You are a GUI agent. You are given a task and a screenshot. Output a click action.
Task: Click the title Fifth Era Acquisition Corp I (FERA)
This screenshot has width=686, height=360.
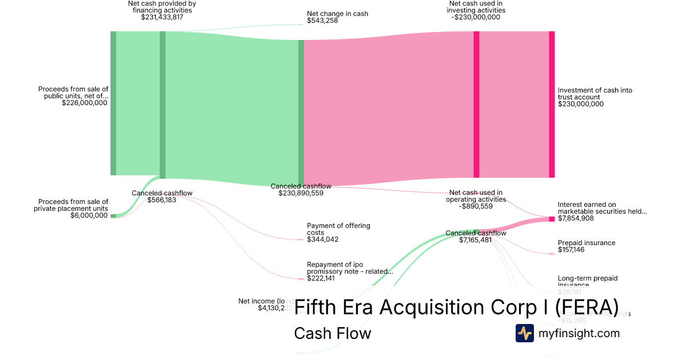pyautogui.click(x=456, y=307)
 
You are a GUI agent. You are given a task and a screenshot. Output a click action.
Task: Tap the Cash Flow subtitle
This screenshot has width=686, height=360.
pyautogui.click(x=332, y=333)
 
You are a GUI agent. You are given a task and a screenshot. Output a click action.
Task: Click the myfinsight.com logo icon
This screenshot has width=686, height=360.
pyautogui.click(x=524, y=333)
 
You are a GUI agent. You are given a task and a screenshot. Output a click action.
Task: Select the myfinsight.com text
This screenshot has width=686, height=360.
pyautogui.click(x=579, y=333)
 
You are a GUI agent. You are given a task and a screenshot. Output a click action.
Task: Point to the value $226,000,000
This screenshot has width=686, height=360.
pyautogui.click(x=84, y=103)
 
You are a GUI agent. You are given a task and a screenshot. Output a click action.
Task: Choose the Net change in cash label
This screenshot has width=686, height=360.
pyautogui.click(x=337, y=14)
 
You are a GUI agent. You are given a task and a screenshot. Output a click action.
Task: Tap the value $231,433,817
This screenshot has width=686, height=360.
pyautogui.click(x=162, y=18)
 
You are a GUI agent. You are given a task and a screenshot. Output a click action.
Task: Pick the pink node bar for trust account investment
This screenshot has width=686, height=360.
pyautogui.click(x=552, y=104)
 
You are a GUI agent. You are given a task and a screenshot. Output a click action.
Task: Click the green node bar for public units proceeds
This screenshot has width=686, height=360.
pyautogui.click(x=113, y=103)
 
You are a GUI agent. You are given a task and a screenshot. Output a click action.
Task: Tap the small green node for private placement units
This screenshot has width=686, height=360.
pyautogui.click(x=113, y=216)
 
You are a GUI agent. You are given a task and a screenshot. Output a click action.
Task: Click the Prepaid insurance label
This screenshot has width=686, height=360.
pyautogui.click(x=587, y=243)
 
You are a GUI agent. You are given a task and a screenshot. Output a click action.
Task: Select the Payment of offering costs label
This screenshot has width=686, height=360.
pyautogui.click(x=338, y=229)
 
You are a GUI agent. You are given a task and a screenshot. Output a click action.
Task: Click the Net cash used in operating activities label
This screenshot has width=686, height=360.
pyautogui.click(x=476, y=196)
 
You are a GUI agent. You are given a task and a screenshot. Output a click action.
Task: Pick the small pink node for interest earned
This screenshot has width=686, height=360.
pyautogui.click(x=552, y=219)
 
